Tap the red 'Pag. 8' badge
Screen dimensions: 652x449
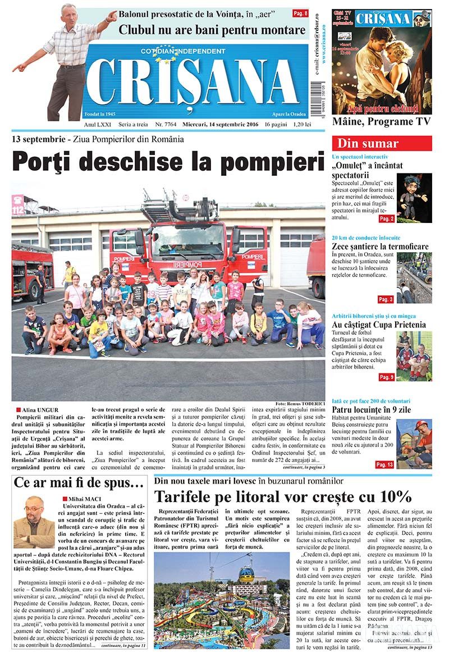tap(300, 13)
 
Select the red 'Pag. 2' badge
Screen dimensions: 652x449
tap(386, 218)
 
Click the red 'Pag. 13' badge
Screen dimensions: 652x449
tap(384, 464)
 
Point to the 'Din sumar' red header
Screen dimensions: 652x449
tap(382, 143)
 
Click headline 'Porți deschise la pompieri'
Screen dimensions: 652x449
tap(168, 162)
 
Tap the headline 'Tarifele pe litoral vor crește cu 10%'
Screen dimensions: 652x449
tap(283, 496)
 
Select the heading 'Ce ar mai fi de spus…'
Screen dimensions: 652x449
tap(79, 483)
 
